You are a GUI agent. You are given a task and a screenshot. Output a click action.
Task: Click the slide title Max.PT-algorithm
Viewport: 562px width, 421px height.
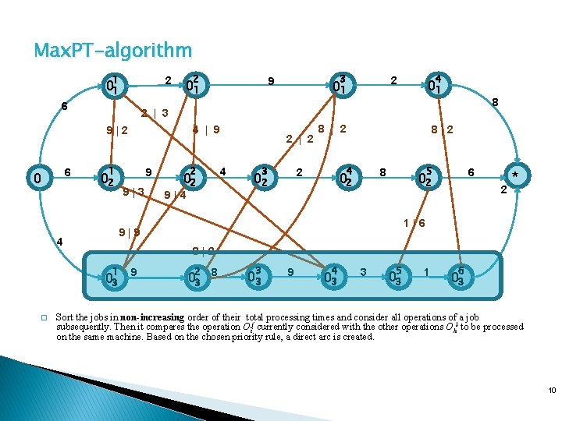point(113,51)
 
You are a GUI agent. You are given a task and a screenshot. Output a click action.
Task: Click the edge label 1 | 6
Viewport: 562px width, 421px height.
point(414,223)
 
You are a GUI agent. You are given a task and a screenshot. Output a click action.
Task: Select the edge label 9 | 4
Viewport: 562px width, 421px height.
point(174,195)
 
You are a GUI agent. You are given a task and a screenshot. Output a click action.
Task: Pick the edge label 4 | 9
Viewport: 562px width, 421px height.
point(205,129)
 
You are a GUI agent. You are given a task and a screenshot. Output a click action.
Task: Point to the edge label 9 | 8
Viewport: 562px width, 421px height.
point(129,231)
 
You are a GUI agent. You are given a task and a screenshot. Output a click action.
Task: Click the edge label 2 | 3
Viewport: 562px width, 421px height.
point(154,113)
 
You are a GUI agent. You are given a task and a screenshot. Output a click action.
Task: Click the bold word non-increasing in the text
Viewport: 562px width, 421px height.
point(151,317)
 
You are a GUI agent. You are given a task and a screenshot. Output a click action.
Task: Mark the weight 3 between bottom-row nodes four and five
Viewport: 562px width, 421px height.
point(363,271)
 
